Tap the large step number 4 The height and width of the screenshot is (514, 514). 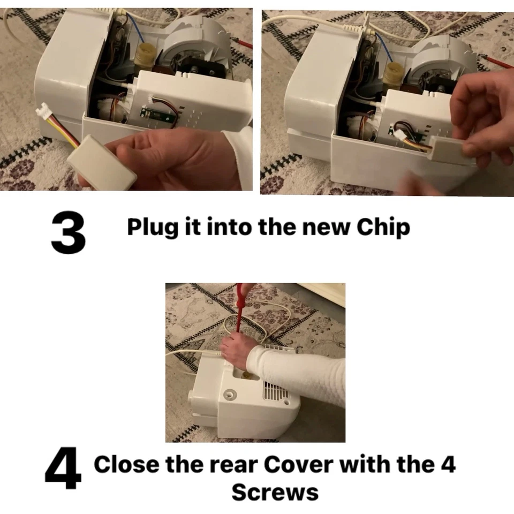(63, 470)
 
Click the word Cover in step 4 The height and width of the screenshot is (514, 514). (295, 464)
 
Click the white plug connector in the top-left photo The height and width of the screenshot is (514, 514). (43, 115)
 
